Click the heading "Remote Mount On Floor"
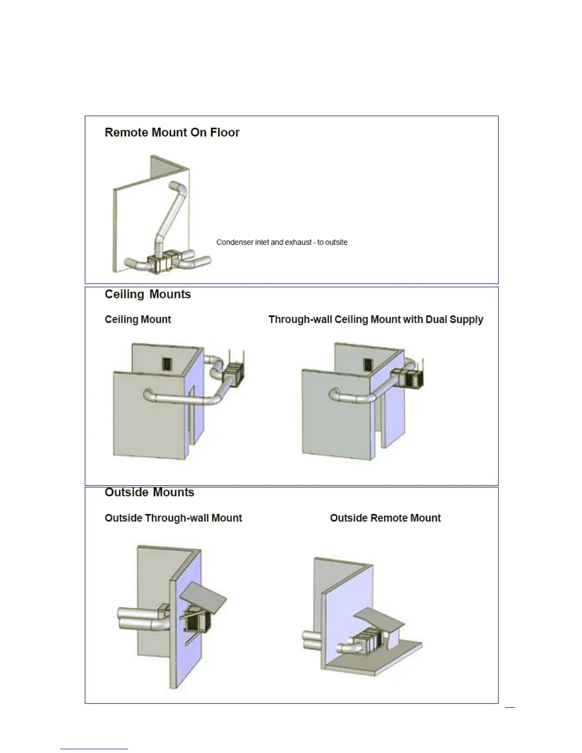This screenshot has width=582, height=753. click(x=172, y=133)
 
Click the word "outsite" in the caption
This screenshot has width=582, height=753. click(x=336, y=242)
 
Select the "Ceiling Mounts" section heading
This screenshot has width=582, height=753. click(x=147, y=294)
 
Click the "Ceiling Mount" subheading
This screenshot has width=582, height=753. click(x=137, y=319)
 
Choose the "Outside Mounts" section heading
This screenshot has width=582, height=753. click(x=149, y=492)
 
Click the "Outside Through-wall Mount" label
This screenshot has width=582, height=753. click(x=173, y=518)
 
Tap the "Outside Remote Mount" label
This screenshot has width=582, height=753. click(x=385, y=518)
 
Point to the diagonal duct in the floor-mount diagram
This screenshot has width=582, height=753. click(x=169, y=214)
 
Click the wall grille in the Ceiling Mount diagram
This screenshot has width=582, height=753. click(x=167, y=365)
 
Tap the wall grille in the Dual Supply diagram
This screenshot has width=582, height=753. click(x=368, y=365)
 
